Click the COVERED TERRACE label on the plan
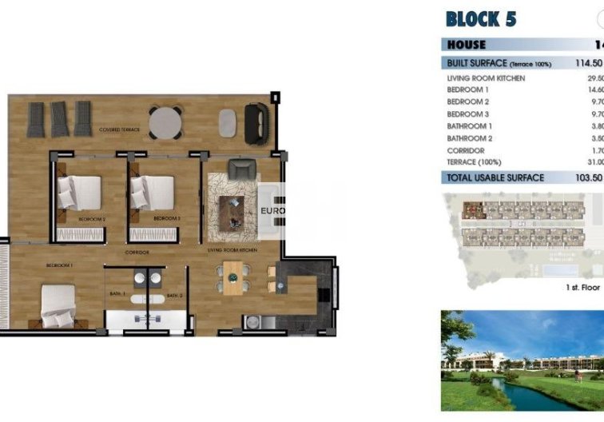(x=121, y=129)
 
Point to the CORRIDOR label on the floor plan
(x=136, y=253)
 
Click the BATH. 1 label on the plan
(x=117, y=294)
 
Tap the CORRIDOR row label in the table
(x=467, y=150)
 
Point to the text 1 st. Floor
(x=582, y=286)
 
